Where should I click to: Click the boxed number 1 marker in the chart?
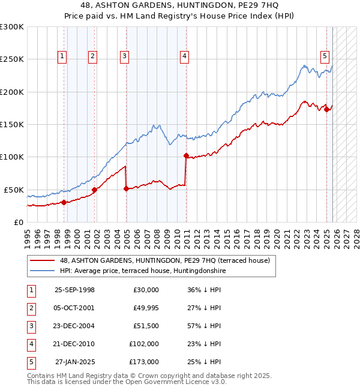pos(62,57)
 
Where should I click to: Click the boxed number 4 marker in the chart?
pos(184,57)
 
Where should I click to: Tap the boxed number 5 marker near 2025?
pos(325,57)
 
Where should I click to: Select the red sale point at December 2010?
pos(186,156)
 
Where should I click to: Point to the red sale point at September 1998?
pos(64,202)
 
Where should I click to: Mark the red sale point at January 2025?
pos(326,109)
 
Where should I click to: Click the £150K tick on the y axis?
pos(12,124)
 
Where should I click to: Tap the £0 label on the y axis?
pos(18,222)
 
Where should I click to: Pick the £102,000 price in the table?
pos(144,344)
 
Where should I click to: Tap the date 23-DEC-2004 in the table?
pos(74,326)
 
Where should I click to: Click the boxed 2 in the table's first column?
pos(30,308)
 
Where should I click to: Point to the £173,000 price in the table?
pos(144,362)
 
